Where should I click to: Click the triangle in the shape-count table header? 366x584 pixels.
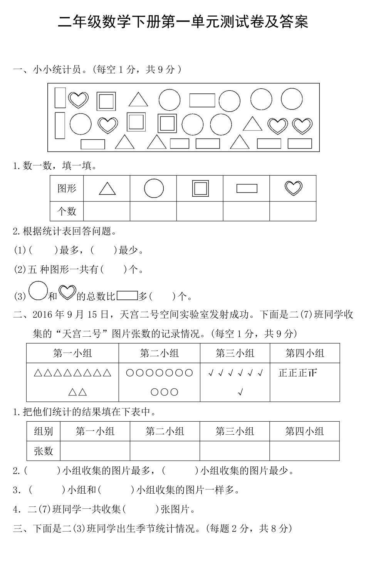(x=107, y=188)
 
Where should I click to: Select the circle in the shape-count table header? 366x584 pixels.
(x=154, y=188)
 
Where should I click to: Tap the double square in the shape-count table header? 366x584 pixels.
(x=200, y=188)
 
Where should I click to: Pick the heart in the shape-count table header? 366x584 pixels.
(x=293, y=188)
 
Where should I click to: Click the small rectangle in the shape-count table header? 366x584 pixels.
(x=247, y=188)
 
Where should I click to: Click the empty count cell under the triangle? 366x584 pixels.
(x=107, y=211)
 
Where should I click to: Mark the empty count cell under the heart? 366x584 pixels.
(x=293, y=211)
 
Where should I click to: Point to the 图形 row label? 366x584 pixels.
(x=67, y=188)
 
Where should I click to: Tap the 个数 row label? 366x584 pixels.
(x=67, y=211)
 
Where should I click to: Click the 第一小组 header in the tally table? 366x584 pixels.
(x=72, y=353)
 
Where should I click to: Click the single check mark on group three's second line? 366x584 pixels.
(x=240, y=393)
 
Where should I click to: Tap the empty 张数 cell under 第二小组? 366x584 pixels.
(x=165, y=451)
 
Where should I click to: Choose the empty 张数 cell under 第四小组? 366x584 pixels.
(x=304, y=451)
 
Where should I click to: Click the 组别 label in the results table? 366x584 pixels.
(x=44, y=431)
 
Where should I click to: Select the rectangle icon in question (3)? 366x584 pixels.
(x=127, y=295)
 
